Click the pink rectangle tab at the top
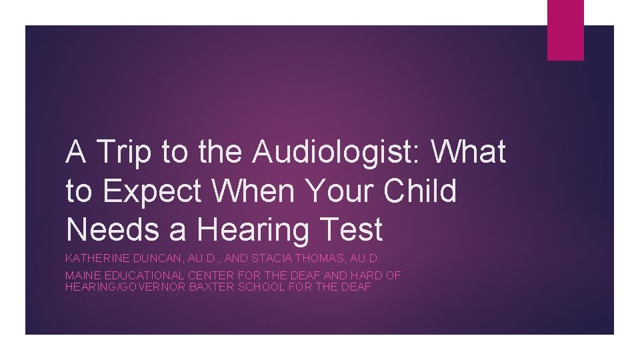(x=565, y=29)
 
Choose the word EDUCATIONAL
(x=143, y=275)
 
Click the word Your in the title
(x=339, y=192)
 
